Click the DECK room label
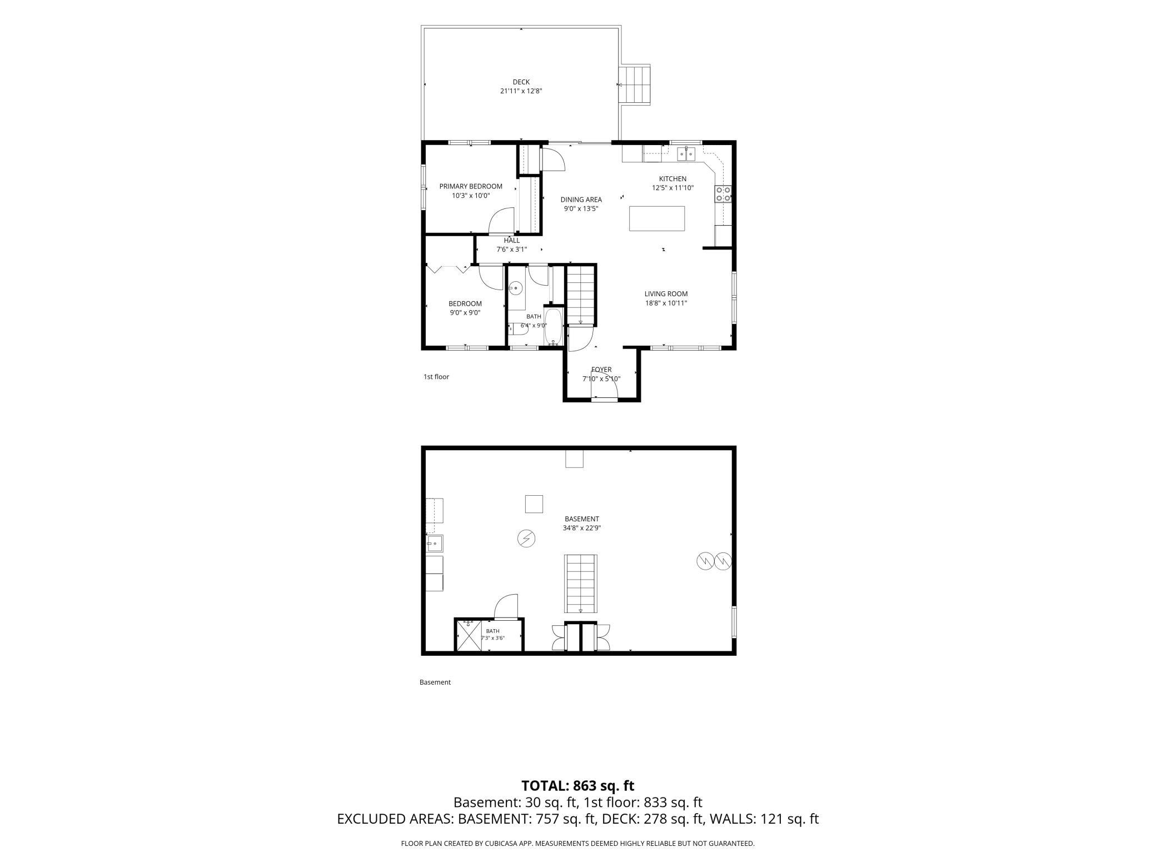tap(521, 82)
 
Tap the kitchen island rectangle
tap(657, 218)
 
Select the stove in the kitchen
tap(722, 193)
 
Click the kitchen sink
tap(686, 153)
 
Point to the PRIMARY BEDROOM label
tap(471, 187)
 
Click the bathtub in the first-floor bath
tap(553, 327)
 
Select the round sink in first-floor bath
tap(516, 288)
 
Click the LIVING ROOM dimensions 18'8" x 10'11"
tap(666, 303)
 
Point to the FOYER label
tap(601, 370)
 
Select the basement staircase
tap(581, 584)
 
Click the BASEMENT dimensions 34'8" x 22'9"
tap(582, 528)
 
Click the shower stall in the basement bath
tap(468, 636)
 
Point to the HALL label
tap(512, 241)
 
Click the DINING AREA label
tap(581, 200)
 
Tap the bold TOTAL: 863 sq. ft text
tap(578, 786)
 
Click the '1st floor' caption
tap(436, 377)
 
